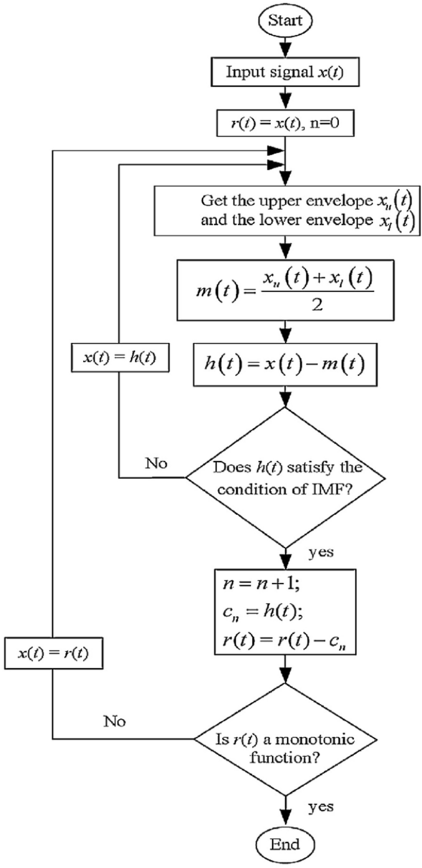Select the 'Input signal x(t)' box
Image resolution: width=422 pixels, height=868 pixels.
(x=285, y=72)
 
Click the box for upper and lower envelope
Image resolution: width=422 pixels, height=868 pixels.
(x=285, y=211)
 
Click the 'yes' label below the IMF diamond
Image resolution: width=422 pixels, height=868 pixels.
(x=320, y=553)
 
